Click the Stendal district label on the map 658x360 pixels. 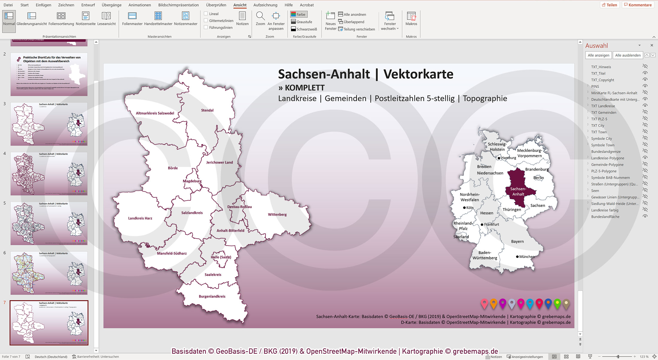[x=207, y=110]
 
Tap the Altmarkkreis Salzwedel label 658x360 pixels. [x=155, y=113]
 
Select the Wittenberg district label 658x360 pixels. [x=277, y=214]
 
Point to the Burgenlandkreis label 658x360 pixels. [x=212, y=296]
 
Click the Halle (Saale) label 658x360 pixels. [x=221, y=257]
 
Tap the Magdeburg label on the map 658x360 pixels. [x=192, y=181]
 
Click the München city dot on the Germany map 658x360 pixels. [x=517, y=257]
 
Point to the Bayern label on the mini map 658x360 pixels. [x=517, y=241]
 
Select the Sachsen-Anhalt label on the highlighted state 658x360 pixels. [x=518, y=191]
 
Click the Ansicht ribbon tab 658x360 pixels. [x=240, y=5]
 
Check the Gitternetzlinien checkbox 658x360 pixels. [x=206, y=21]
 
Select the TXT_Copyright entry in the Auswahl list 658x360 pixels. [x=602, y=80]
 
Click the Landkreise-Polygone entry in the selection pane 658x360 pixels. [x=607, y=158]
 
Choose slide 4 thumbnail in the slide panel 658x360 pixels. [x=49, y=173]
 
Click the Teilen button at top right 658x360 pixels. [x=609, y=5]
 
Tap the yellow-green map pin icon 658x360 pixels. [x=557, y=303]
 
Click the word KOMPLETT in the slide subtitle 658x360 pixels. [x=304, y=88]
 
